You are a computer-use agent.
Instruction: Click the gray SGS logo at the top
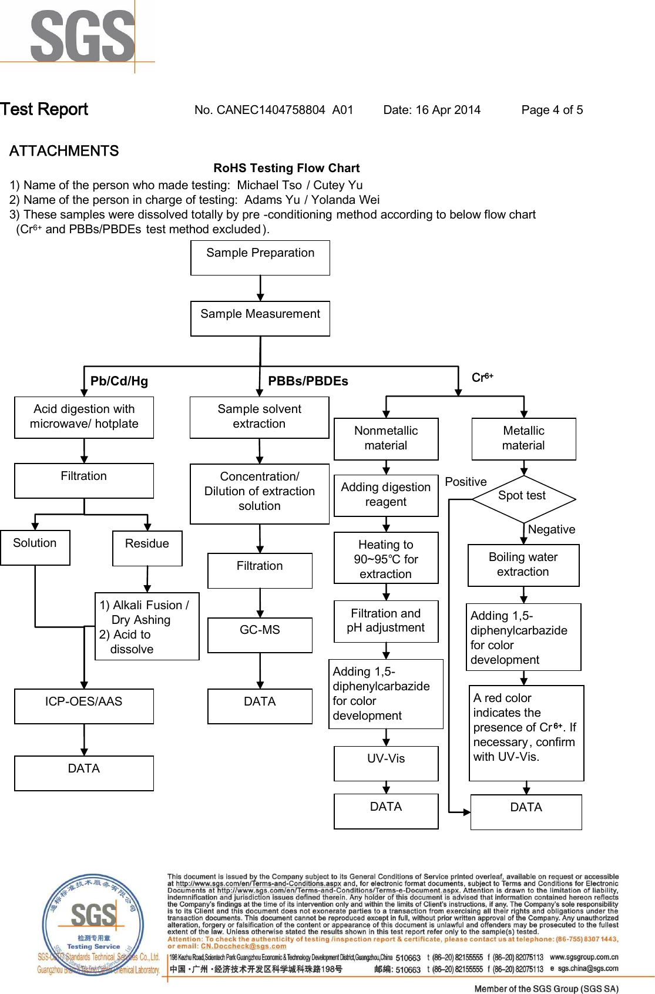[x=82, y=36]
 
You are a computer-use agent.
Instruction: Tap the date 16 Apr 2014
[x=448, y=110]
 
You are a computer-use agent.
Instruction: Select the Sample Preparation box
[x=260, y=257]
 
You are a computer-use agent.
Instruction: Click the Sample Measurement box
[x=260, y=318]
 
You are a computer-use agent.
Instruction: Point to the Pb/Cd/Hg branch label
[x=119, y=381]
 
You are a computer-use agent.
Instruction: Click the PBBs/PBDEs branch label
[x=308, y=381]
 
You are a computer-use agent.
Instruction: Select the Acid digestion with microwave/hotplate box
[x=84, y=417]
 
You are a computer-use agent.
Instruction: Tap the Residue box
[x=147, y=548]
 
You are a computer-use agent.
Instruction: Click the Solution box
[x=35, y=548]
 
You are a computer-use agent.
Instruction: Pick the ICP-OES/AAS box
[x=84, y=706]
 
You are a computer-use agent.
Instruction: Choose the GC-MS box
[x=260, y=635]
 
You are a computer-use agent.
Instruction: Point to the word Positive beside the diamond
[x=466, y=482]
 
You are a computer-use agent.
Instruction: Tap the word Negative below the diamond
[x=552, y=530]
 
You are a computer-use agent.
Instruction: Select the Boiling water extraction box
[x=523, y=565]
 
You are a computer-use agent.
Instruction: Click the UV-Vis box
[x=386, y=763]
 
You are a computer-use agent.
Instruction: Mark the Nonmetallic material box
[x=386, y=439]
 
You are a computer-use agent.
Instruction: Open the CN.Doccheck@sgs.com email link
[x=243, y=946]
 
